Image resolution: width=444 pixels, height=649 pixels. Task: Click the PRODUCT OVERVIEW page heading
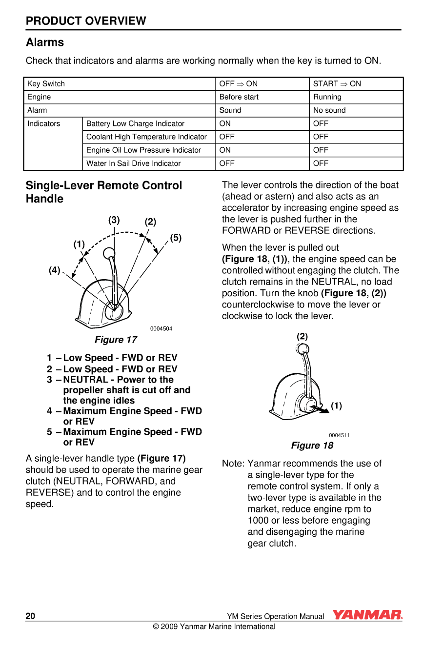pos(86,21)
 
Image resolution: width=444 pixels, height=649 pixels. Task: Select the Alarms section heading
pos(45,42)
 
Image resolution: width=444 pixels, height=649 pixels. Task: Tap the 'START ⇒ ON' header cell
pos(337,84)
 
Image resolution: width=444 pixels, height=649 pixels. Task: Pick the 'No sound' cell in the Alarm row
pos(329,110)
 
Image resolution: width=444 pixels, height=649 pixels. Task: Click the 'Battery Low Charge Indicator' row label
pos(135,124)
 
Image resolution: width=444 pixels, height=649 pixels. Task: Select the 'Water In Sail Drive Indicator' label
pos(133,163)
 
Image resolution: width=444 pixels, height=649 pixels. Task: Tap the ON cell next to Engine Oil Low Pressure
pos(225,150)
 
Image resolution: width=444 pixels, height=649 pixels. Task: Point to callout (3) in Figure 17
pos(114,220)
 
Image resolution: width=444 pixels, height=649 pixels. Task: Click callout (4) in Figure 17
pos(54,270)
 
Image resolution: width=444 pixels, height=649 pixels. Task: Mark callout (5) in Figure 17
pos(176,238)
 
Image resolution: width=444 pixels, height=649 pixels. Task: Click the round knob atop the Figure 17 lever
pos(109,253)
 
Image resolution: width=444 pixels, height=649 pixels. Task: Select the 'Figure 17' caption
pos(116,340)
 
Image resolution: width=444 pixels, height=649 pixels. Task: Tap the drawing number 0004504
pos(161,329)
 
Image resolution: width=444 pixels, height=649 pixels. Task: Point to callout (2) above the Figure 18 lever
pos(302,337)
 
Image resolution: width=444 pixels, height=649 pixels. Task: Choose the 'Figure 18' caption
pos(312,446)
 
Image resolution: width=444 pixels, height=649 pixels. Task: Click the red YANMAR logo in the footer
pos(367,615)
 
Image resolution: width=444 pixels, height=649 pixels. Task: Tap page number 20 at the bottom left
pos(30,616)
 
